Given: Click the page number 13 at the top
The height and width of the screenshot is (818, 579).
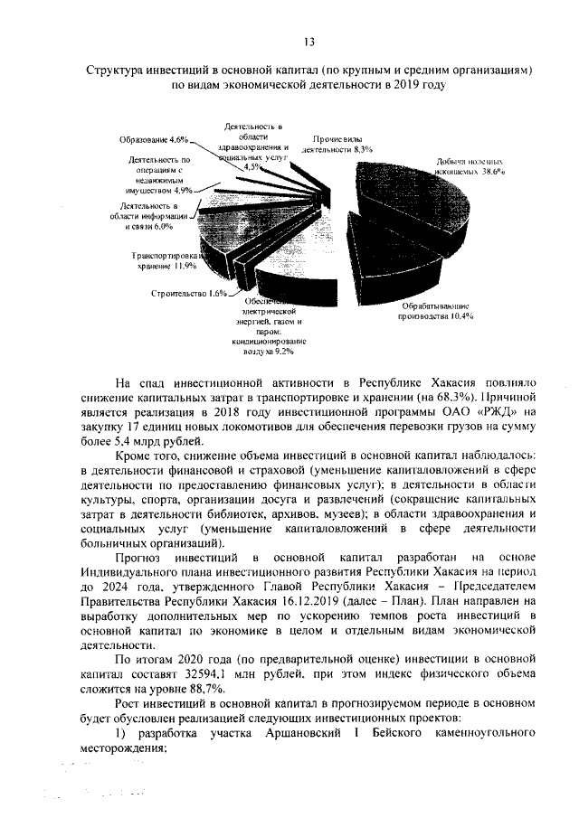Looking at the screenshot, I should (308, 42).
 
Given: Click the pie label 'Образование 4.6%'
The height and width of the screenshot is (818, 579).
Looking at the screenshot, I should (152, 140).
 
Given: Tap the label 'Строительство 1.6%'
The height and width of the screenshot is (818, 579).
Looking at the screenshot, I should (189, 293).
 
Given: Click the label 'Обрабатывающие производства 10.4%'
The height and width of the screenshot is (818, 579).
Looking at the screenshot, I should (437, 312).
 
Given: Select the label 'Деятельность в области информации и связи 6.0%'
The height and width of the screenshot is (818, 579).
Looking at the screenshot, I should (149, 217).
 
